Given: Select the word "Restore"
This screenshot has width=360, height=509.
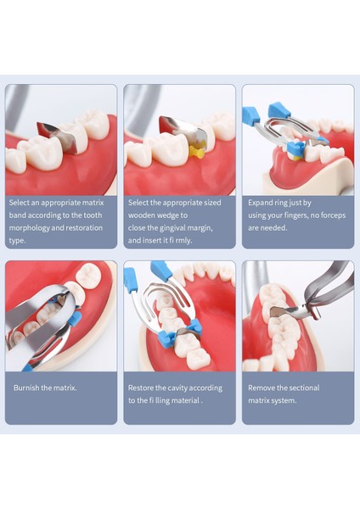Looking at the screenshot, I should click(142, 388).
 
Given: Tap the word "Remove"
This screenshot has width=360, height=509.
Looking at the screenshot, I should click(262, 388).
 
